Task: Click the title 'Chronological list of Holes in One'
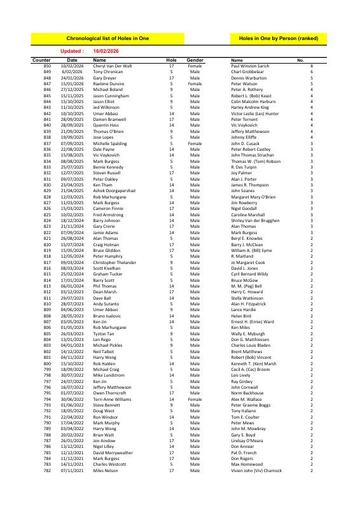click(x=107, y=39)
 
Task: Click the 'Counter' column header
click(x=41, y=60)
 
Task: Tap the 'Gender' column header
click(x=195, y=60)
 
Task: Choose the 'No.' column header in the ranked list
click(x=301, y=60)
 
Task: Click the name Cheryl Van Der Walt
click(x=113, y=66)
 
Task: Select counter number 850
click(x=47, y=66)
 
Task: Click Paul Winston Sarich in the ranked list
click(x=251, y=66)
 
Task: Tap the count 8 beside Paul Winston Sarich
click(x=312, y=66)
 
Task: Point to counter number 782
click(x=47, y=470)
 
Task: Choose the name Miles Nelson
click(x=106, y=470)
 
